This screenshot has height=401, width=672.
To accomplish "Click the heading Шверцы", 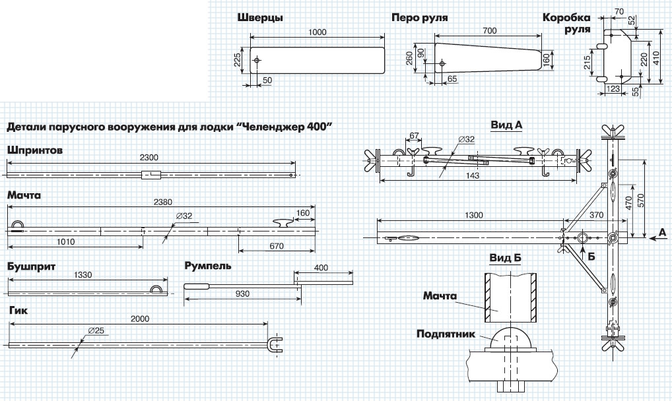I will [260, 18].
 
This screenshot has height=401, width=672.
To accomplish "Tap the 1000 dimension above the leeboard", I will [317, 31].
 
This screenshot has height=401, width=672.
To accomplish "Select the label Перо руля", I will [419, 18].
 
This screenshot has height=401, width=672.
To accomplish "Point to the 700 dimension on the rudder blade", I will [489, 31].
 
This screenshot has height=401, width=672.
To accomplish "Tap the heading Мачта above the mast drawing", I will [24, 197].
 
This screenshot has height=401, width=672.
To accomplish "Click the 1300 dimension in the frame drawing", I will [474, 215].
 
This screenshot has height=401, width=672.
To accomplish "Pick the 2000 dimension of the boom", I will [139, 318].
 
